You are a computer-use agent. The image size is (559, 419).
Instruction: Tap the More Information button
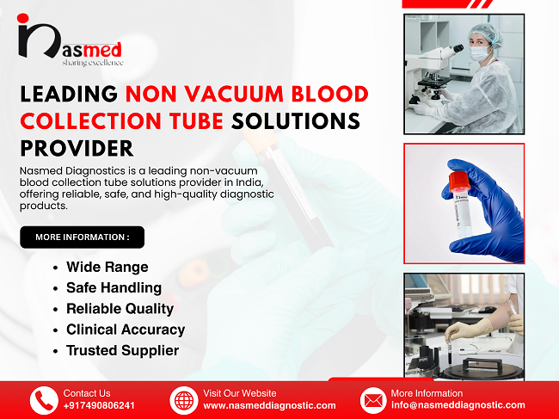coord(83,237)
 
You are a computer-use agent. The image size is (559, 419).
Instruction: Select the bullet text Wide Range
coord(107,267)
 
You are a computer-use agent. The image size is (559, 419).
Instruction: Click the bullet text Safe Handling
coord(114,287)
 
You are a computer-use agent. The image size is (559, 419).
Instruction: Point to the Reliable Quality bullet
coord(120,308)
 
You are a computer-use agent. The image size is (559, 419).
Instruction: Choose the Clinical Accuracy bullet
coord(126,330)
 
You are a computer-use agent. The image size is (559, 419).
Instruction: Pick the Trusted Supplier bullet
coord(122,350)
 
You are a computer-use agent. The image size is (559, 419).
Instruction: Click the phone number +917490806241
coord(99,405)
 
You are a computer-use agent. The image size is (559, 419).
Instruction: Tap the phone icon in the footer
coord(44,400)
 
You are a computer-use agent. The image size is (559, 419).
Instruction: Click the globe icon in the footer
coord(185,400)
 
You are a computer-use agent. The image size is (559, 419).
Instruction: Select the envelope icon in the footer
coord(373,400)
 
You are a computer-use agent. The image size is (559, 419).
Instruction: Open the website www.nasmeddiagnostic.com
coord(269,405)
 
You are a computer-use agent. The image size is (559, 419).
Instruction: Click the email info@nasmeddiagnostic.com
coord(458,405)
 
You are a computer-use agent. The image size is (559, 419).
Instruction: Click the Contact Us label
coord(87,393)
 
